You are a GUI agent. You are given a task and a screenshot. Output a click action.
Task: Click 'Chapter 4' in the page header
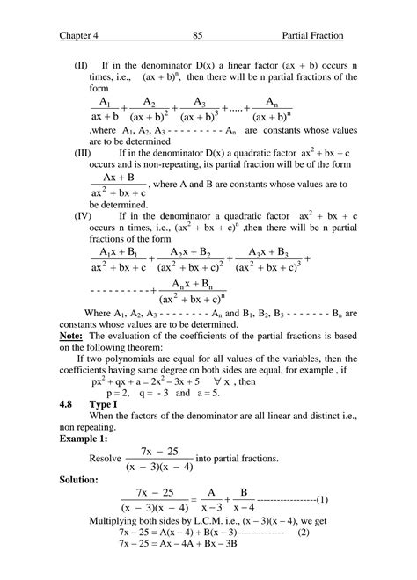pyautogui.click(x=81, y=36)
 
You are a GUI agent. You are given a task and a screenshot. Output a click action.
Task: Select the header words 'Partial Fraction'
pyautogui.click(x=312, y=36)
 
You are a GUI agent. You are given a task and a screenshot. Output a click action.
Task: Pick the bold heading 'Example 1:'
pyautogui.click(x=85, y=437)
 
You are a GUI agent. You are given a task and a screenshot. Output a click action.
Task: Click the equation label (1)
pyautogui.click(x=322, y=500)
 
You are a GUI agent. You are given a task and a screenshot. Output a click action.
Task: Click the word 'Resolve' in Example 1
pyautogui.click(x=106, y=458)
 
